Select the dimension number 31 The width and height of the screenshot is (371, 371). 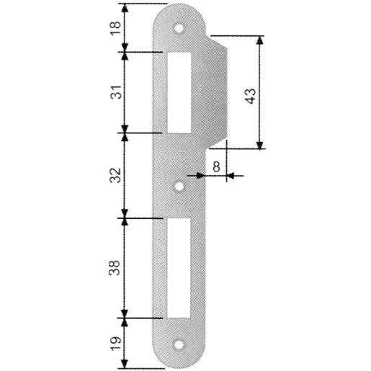112,91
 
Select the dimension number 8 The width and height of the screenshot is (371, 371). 216,165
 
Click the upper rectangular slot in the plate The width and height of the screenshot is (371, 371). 178,92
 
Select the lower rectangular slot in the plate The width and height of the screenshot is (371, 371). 178,267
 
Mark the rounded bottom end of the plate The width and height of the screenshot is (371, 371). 178,360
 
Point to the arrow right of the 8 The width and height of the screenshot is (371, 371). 236,175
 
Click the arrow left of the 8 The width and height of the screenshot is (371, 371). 193,175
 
